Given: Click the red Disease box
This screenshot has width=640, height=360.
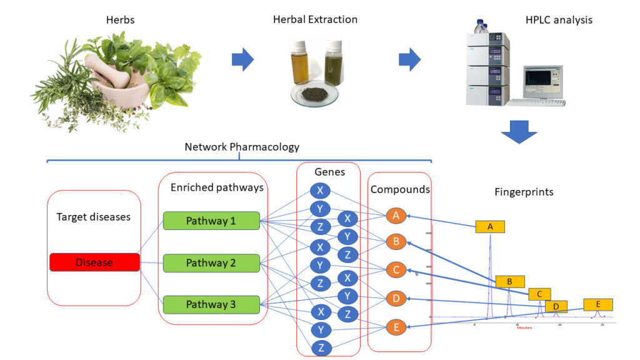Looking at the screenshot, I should tap(94, 262).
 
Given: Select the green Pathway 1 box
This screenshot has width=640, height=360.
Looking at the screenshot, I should tap(211, 221).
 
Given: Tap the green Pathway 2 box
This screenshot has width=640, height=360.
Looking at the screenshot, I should tap(211, 263).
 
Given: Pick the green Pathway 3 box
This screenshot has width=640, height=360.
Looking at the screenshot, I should tap(211, 305).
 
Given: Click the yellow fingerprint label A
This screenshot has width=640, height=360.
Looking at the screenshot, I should tap(490, 227).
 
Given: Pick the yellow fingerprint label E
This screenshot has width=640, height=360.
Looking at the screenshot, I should tap(598, 304).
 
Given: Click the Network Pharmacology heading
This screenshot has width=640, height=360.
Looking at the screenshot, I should tap(242, 147).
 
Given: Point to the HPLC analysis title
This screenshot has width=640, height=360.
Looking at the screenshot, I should tap(559, 20).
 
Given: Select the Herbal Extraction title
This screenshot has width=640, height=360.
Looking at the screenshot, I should tap(315, 19).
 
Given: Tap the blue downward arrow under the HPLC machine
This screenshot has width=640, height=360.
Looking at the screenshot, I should tap(519, 130).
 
